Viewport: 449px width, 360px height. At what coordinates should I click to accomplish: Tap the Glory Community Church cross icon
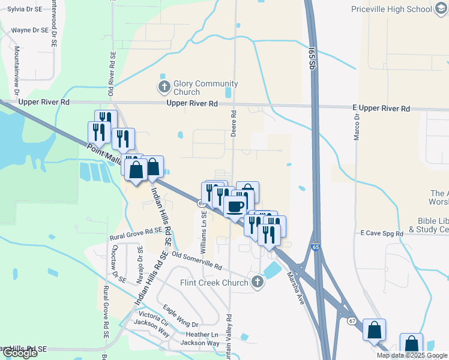point(164,88)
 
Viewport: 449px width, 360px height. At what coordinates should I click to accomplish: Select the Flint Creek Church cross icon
point(258,282)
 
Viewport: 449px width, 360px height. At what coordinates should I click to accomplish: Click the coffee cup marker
point(235,206)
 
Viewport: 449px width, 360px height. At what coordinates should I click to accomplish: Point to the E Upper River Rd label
point(381,109)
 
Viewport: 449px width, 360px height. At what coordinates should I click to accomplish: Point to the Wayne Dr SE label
point(29,29)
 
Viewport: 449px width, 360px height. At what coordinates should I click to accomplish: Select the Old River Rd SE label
point(112,74)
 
